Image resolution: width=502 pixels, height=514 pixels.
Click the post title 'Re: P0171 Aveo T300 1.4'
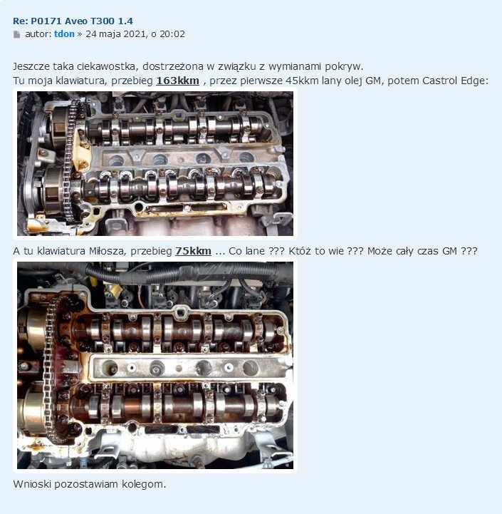73,21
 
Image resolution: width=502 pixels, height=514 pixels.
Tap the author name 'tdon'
64,34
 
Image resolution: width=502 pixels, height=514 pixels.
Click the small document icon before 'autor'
16,34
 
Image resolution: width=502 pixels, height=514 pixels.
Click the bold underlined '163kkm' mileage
177,81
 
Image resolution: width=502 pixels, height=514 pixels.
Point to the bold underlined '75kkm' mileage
193,251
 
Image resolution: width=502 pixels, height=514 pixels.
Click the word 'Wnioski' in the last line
32,484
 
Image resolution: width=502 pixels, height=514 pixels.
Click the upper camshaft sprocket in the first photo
59,127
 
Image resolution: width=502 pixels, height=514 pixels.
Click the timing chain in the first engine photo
69,160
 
